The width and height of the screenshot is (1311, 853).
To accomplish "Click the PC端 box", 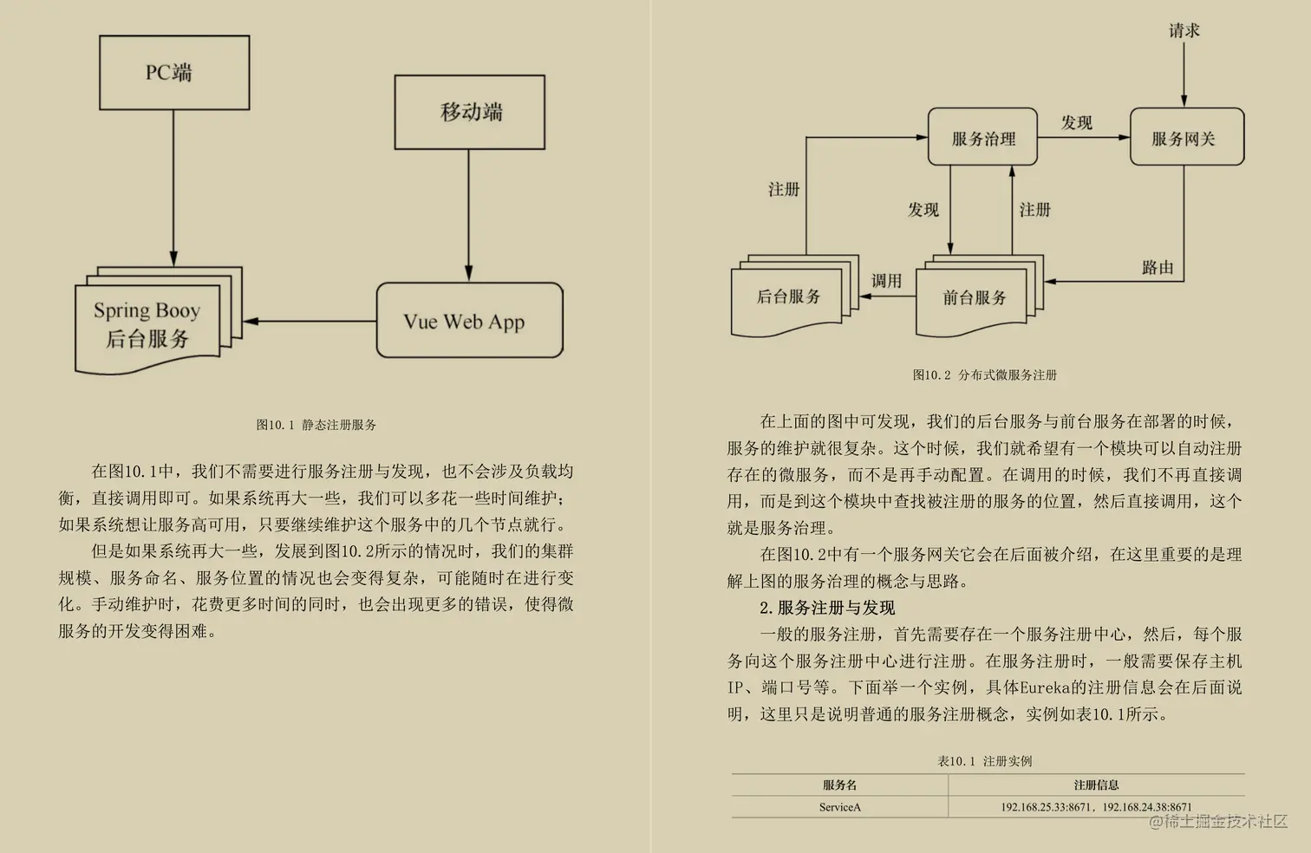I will coord(174,73).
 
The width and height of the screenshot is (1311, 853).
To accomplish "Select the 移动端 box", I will coord(470,112).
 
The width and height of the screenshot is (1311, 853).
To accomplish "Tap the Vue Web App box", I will coord(469,321).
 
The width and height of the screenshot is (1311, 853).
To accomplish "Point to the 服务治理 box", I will coord(982,137).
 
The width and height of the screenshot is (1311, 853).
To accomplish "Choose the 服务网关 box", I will coord(1186,137).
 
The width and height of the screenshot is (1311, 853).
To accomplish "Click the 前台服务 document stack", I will coord(974,297).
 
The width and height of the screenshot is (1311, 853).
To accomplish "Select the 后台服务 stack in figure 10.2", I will coord(788,297).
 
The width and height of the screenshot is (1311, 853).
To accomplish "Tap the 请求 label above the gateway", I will coord(1184,30).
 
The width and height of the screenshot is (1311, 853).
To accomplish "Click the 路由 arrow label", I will coord(1158,267).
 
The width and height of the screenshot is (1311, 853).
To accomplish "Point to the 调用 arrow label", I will coord(886,280).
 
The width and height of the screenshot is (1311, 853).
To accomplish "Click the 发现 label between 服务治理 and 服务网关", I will coord(1077,122).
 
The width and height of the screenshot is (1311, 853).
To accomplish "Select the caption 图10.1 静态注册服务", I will coord(316,425).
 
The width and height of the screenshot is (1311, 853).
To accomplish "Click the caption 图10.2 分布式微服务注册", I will coord(984,374).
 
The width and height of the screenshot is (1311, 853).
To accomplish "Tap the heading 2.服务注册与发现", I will coord(827,608).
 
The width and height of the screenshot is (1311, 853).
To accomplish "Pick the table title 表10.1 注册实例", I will coord(984,761).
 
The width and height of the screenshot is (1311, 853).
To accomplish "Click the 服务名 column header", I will coord(839,785).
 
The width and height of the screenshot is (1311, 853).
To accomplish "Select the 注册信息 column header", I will coord(1096,785).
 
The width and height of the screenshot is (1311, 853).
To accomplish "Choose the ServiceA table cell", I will coord(839,807).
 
